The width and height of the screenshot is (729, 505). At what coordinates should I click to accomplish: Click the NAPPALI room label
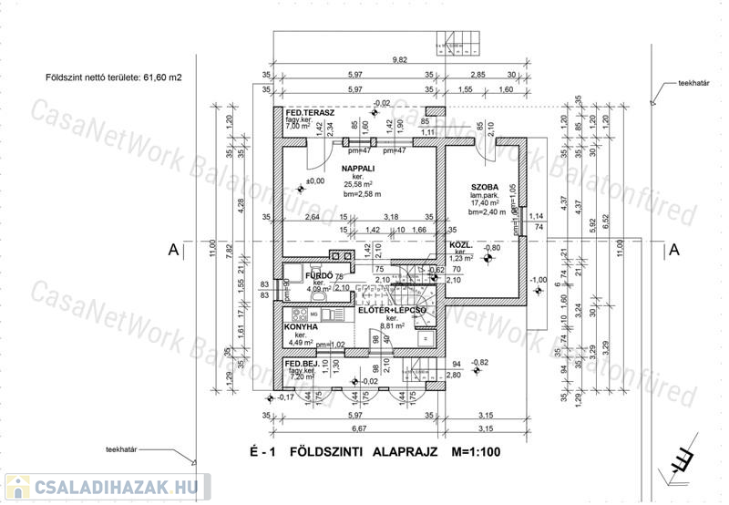coord(360,170)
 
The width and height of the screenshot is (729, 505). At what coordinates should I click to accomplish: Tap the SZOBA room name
coord(486,185)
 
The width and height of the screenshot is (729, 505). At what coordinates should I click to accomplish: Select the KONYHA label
coord(300,325)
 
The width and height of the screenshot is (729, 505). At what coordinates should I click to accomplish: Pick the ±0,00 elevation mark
coord(315,181)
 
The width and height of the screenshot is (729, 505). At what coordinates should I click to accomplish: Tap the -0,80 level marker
coord(519,248)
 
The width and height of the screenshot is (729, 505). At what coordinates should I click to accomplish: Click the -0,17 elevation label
coord(285,398)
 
